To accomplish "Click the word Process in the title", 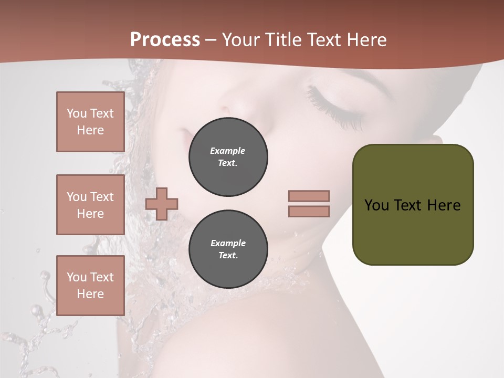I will point(165,40).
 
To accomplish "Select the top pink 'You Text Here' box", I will point(90,122).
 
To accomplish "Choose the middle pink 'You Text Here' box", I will point(90,205).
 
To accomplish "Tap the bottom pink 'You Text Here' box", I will point(90,286).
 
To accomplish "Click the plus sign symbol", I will point(162,204).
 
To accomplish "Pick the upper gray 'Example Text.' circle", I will point(228,157).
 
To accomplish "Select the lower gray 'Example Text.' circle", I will point(228,249).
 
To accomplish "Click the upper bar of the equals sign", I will point(309,196).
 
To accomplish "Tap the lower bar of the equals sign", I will point(309,211).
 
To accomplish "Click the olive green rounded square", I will point(413,205).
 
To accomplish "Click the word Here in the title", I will point(368,40).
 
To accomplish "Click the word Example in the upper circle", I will point(228,151).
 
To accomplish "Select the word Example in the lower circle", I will point(228,243).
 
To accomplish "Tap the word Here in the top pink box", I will point(90,130).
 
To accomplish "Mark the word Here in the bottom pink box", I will point(90,294).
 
